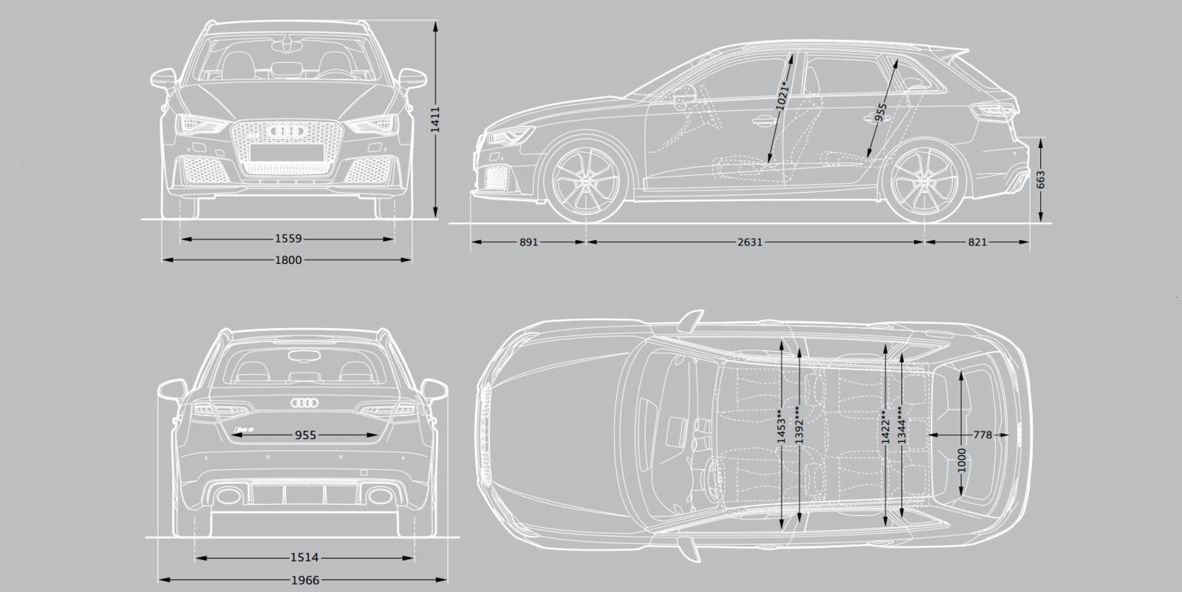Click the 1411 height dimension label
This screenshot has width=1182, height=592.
435,119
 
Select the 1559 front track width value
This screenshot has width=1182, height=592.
288,239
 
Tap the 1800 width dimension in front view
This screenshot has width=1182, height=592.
288,260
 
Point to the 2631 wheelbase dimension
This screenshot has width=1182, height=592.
750,242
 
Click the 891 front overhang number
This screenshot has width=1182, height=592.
528,242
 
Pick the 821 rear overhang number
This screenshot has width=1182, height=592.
977,242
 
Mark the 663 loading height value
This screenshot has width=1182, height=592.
1040,180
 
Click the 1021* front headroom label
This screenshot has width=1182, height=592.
782,96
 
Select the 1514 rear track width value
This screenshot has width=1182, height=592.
304,557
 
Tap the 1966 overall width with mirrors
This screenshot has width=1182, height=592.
305,580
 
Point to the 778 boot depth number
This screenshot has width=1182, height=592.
983,435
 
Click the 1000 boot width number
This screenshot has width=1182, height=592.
961,460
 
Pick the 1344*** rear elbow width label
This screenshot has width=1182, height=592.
901,424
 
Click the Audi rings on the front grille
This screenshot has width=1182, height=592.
287,130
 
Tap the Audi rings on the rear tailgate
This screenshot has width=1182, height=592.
304,403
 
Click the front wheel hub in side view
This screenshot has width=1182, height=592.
587,180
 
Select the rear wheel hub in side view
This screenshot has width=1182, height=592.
926,180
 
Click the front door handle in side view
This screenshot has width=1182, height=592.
763,122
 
